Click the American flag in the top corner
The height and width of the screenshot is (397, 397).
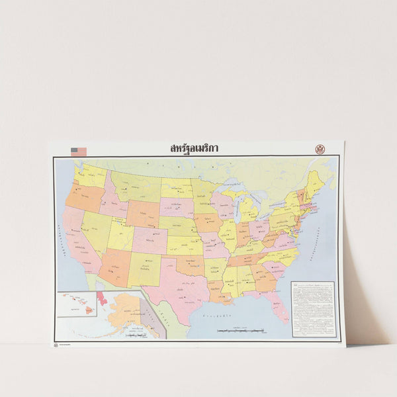coord(79,152)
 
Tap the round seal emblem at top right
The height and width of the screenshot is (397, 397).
coord(320,150)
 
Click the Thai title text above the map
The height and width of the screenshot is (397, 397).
coord(194,148)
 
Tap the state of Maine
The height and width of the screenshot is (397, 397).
coord(314,182)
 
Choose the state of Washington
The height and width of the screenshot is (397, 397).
coord(91,176)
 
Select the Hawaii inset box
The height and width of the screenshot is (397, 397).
coord(76,304)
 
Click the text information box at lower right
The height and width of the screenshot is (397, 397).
coord(312,309)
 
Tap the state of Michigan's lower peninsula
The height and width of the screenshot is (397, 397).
coord(249,210)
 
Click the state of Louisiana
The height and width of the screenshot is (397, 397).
coord(218,290)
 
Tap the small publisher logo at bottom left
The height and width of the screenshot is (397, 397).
coord(56,344)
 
